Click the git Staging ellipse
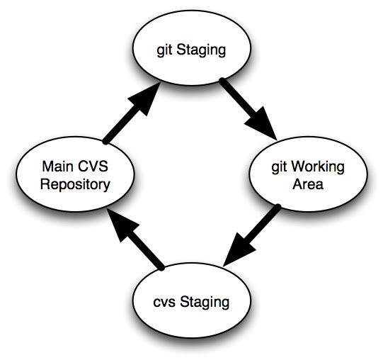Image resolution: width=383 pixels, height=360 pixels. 192,48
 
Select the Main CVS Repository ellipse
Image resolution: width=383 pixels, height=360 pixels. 75,174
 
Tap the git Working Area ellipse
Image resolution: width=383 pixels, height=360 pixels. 308,174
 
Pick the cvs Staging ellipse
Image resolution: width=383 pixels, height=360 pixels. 192,300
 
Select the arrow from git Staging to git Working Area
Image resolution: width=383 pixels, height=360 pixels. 248,109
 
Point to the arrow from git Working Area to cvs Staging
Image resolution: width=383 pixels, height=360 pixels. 251,236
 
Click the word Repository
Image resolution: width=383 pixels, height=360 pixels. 75,185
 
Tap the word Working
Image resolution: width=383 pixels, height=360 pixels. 318,167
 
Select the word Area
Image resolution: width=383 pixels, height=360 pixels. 308,184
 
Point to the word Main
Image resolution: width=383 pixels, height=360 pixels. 58,167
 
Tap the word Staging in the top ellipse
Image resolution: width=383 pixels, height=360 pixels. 201,50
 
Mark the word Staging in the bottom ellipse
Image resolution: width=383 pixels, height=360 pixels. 205,303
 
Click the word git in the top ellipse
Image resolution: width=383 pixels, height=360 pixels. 164,50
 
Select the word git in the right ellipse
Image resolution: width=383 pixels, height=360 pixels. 279,168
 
